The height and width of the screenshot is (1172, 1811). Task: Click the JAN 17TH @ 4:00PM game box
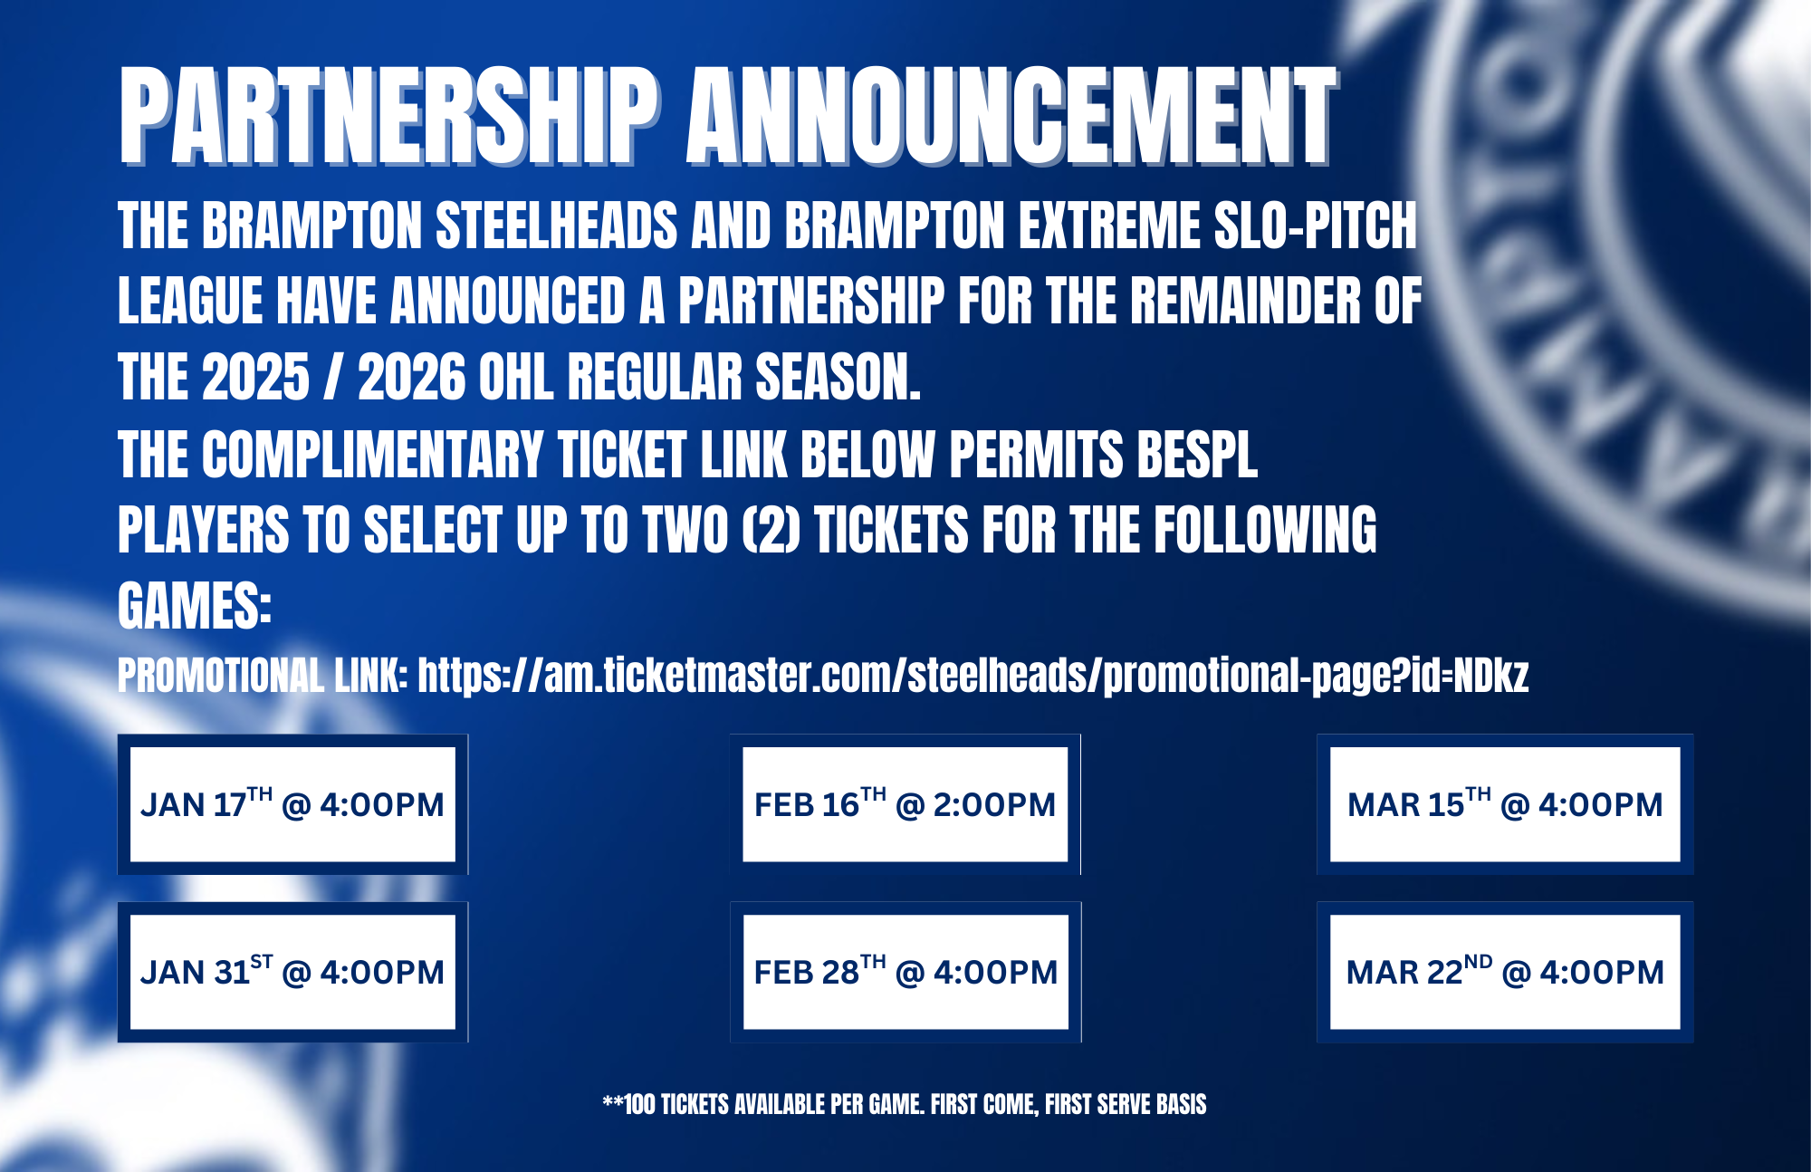[x=292, y=804]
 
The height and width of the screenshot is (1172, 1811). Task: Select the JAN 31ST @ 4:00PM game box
[x=292, y=972]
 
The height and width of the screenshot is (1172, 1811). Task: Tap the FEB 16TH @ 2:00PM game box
[x=905, y=804]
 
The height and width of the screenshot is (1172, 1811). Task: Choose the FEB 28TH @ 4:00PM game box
[x=905, y=972]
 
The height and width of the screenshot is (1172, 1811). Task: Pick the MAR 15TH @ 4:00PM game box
[x=1505, y=804]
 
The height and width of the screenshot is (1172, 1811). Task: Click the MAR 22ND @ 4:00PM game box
[x=1505, y=972]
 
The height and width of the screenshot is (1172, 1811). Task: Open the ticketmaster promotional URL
[x=973, y=676]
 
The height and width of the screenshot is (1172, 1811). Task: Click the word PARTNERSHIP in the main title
[x=390, y=116]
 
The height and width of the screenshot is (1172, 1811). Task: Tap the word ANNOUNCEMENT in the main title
[x=1012, y=116]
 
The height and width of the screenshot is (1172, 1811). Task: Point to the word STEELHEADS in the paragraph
[x=557, y=226]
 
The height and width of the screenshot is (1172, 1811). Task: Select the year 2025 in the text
[x=256, y=378]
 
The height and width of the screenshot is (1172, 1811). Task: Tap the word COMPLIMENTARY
[x=372, y=454]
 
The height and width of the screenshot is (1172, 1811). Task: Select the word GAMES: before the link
[x=195, y=606]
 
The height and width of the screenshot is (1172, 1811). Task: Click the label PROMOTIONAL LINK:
[x=263, y=676]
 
